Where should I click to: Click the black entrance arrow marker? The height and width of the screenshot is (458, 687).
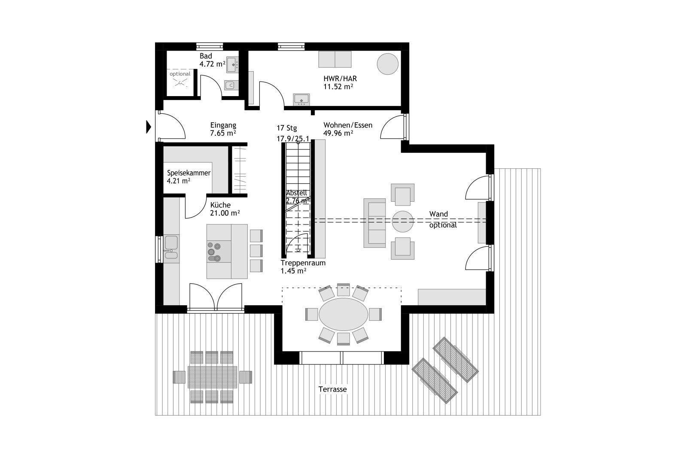pos(149,127)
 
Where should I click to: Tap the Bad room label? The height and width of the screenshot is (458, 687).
pos(206,56)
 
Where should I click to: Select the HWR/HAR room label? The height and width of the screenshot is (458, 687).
pos(340,79)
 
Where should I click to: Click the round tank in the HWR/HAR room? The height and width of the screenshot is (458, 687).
pos(388,64)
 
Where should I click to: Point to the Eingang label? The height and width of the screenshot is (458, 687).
pos(223,125)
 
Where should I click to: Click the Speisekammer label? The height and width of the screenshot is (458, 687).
pos(188,173)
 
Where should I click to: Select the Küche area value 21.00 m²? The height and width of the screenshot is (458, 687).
pos(225,213)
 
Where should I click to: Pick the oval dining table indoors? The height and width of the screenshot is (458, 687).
pos(343,314)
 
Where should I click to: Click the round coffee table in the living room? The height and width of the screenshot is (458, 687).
pos(403,221)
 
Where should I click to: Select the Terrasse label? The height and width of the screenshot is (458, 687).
pos(332,389)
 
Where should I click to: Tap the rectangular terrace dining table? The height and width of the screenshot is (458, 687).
pos(212,377)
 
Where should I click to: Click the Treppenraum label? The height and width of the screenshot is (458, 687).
pos(303,263)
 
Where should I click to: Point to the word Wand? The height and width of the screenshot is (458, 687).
pos(438,214)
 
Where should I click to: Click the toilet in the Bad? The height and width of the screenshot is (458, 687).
pos(231,85)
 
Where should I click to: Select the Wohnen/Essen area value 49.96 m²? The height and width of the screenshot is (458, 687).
pos(338,133)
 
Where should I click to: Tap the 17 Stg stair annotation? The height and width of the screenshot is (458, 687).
pos(287,128)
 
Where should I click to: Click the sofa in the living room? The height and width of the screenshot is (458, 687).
pos(374,223)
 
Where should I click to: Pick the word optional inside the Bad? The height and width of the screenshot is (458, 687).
pos(180,74)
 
